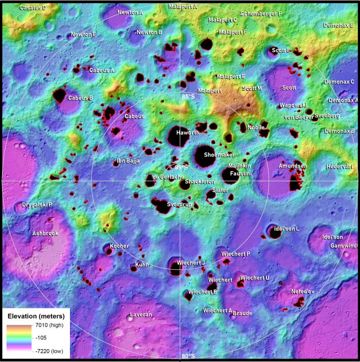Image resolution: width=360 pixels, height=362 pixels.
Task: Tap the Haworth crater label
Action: pyautogui.click(x=188, y=133)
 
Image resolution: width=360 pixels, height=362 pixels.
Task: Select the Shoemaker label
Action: pyautogui.click(x=219, y=154)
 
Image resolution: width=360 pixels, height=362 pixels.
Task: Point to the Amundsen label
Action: pyautogui.click(x=293, y=166)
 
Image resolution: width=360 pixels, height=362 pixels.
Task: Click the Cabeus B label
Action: pyautogui.click(x=80, y=98)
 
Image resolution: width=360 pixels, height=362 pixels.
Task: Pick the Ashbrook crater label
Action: pyautogui.click(x=45, y=233)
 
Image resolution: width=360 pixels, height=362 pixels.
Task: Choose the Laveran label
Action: pyautogui.click(x=140, y=314)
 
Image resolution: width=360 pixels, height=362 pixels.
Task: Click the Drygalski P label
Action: pyautogui.click(x=37, y=205)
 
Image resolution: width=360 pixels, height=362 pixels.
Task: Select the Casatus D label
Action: pyautogui.click(x=33, y=8)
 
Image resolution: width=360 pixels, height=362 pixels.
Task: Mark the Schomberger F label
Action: pyautogui.click(x=261, y=13)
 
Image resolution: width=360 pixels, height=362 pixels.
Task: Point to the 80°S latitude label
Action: pyautogui.click(x=188, y=356)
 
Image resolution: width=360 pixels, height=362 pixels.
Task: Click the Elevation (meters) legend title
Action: pyautogui.click(x=35, y=316)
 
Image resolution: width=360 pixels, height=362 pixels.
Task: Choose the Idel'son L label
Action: pyautogui.click(x=287, y=228)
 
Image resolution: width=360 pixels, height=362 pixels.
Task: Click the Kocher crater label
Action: pyautogui.click(x=119, y=246)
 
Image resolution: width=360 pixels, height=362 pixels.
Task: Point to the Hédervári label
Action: pyautogui.click(x=340, y=167)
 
